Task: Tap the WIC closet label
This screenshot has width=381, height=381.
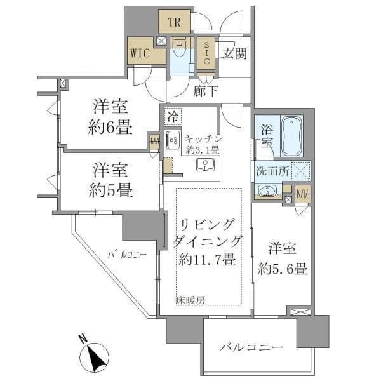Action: tap(140, 53)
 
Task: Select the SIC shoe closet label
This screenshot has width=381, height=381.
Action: tap(206, 53)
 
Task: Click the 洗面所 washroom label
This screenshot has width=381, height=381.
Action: tap(272, 171)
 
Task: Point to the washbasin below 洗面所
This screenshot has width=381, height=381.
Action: tap(267, 190)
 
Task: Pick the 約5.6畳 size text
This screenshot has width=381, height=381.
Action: tap(284, 269)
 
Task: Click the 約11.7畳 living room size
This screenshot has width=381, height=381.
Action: tap(208, 260)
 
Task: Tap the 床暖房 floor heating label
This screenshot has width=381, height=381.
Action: tap(191, 300)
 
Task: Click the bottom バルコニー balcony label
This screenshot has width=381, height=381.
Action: tap(251, 347)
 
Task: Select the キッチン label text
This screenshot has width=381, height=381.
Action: tap(203, 138)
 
